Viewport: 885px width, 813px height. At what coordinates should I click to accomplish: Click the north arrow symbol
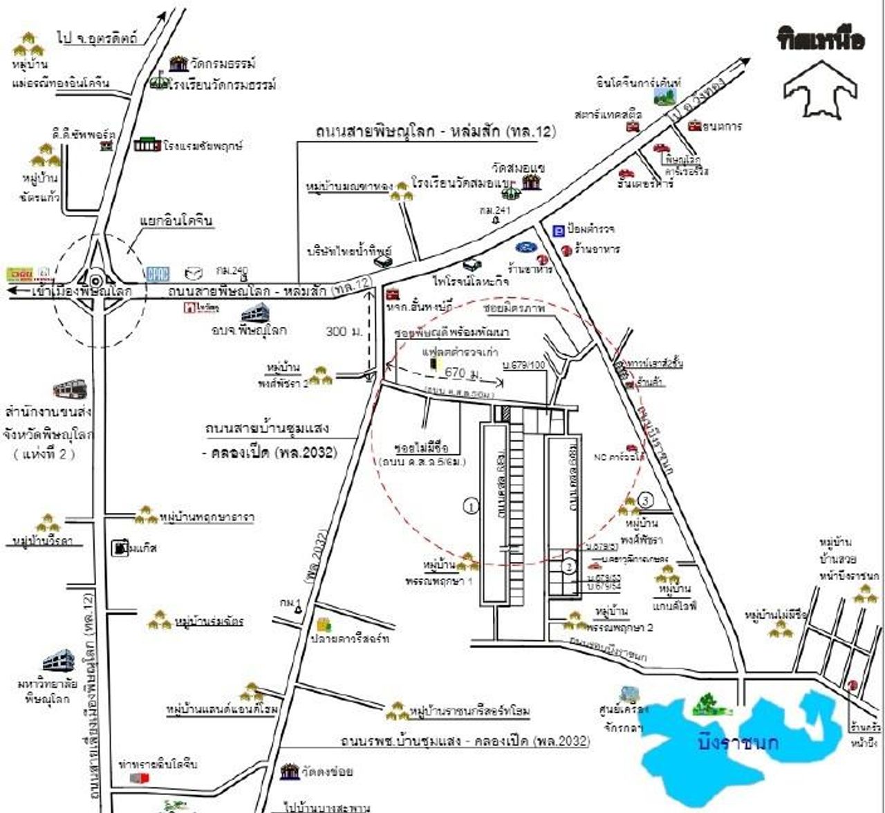coord(820,88)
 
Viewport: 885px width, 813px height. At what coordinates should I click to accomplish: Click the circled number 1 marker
coord(471,506)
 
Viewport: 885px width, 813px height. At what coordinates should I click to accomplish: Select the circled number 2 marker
coord(568,566)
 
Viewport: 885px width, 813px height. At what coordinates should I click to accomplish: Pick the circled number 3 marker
coord(645,499)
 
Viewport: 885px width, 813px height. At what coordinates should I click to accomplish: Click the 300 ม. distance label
coord(344,331)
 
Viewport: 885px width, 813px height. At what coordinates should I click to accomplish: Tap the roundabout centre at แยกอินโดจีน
coord(95,281)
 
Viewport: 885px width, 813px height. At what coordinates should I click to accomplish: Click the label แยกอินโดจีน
coord(176,221)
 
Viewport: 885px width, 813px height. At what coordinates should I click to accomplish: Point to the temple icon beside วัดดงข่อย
coord(290,771)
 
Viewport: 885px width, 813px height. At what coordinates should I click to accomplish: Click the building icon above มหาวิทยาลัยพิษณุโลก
coord(58,662)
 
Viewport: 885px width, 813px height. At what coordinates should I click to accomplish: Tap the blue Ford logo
coord(525,247)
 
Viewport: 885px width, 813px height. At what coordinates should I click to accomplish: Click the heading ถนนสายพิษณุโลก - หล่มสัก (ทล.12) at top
coord(436,131)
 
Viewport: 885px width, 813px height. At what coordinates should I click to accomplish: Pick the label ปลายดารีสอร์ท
coord(350,639)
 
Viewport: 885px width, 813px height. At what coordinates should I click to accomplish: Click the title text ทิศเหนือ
coord(821,40)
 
